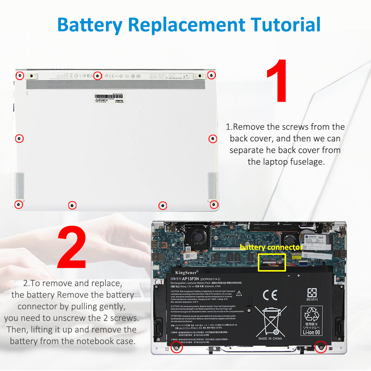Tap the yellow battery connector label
pyautogui.click(x=271, y=247)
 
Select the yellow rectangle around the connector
pyautogui.click(x=272, y=262)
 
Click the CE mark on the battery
pyautogui.click(x=270, y=295)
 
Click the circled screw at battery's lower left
pyautogui.click(x=177, y=347)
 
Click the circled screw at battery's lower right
pyautogui.click(x=320, y=347)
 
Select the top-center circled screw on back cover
pyautogui.click(x=98, y=76)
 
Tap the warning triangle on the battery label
pyautogui.click(x=239, y=293)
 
